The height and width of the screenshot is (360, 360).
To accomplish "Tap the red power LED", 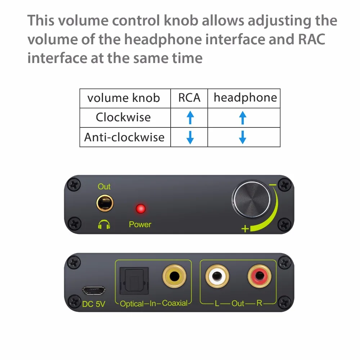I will click(140, 209).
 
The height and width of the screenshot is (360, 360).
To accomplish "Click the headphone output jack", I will click(104, 203).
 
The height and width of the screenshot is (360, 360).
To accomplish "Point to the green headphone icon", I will click(104, 225).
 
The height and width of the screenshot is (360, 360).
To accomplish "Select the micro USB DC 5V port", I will click(94, 290).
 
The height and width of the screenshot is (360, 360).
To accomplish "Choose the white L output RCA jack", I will click(217, 277).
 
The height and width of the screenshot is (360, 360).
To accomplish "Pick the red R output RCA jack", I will click(259, 277).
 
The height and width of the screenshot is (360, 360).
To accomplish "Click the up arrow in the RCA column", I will click(190, 118).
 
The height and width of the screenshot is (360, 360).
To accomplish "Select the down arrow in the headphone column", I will click(243, 137).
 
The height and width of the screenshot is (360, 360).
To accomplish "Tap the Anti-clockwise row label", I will click(124, 137).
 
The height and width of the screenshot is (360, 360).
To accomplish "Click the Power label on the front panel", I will click(140, 224).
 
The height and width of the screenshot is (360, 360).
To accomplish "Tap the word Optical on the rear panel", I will click(131, 304).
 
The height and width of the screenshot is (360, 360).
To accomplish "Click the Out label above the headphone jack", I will click(104, 186).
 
